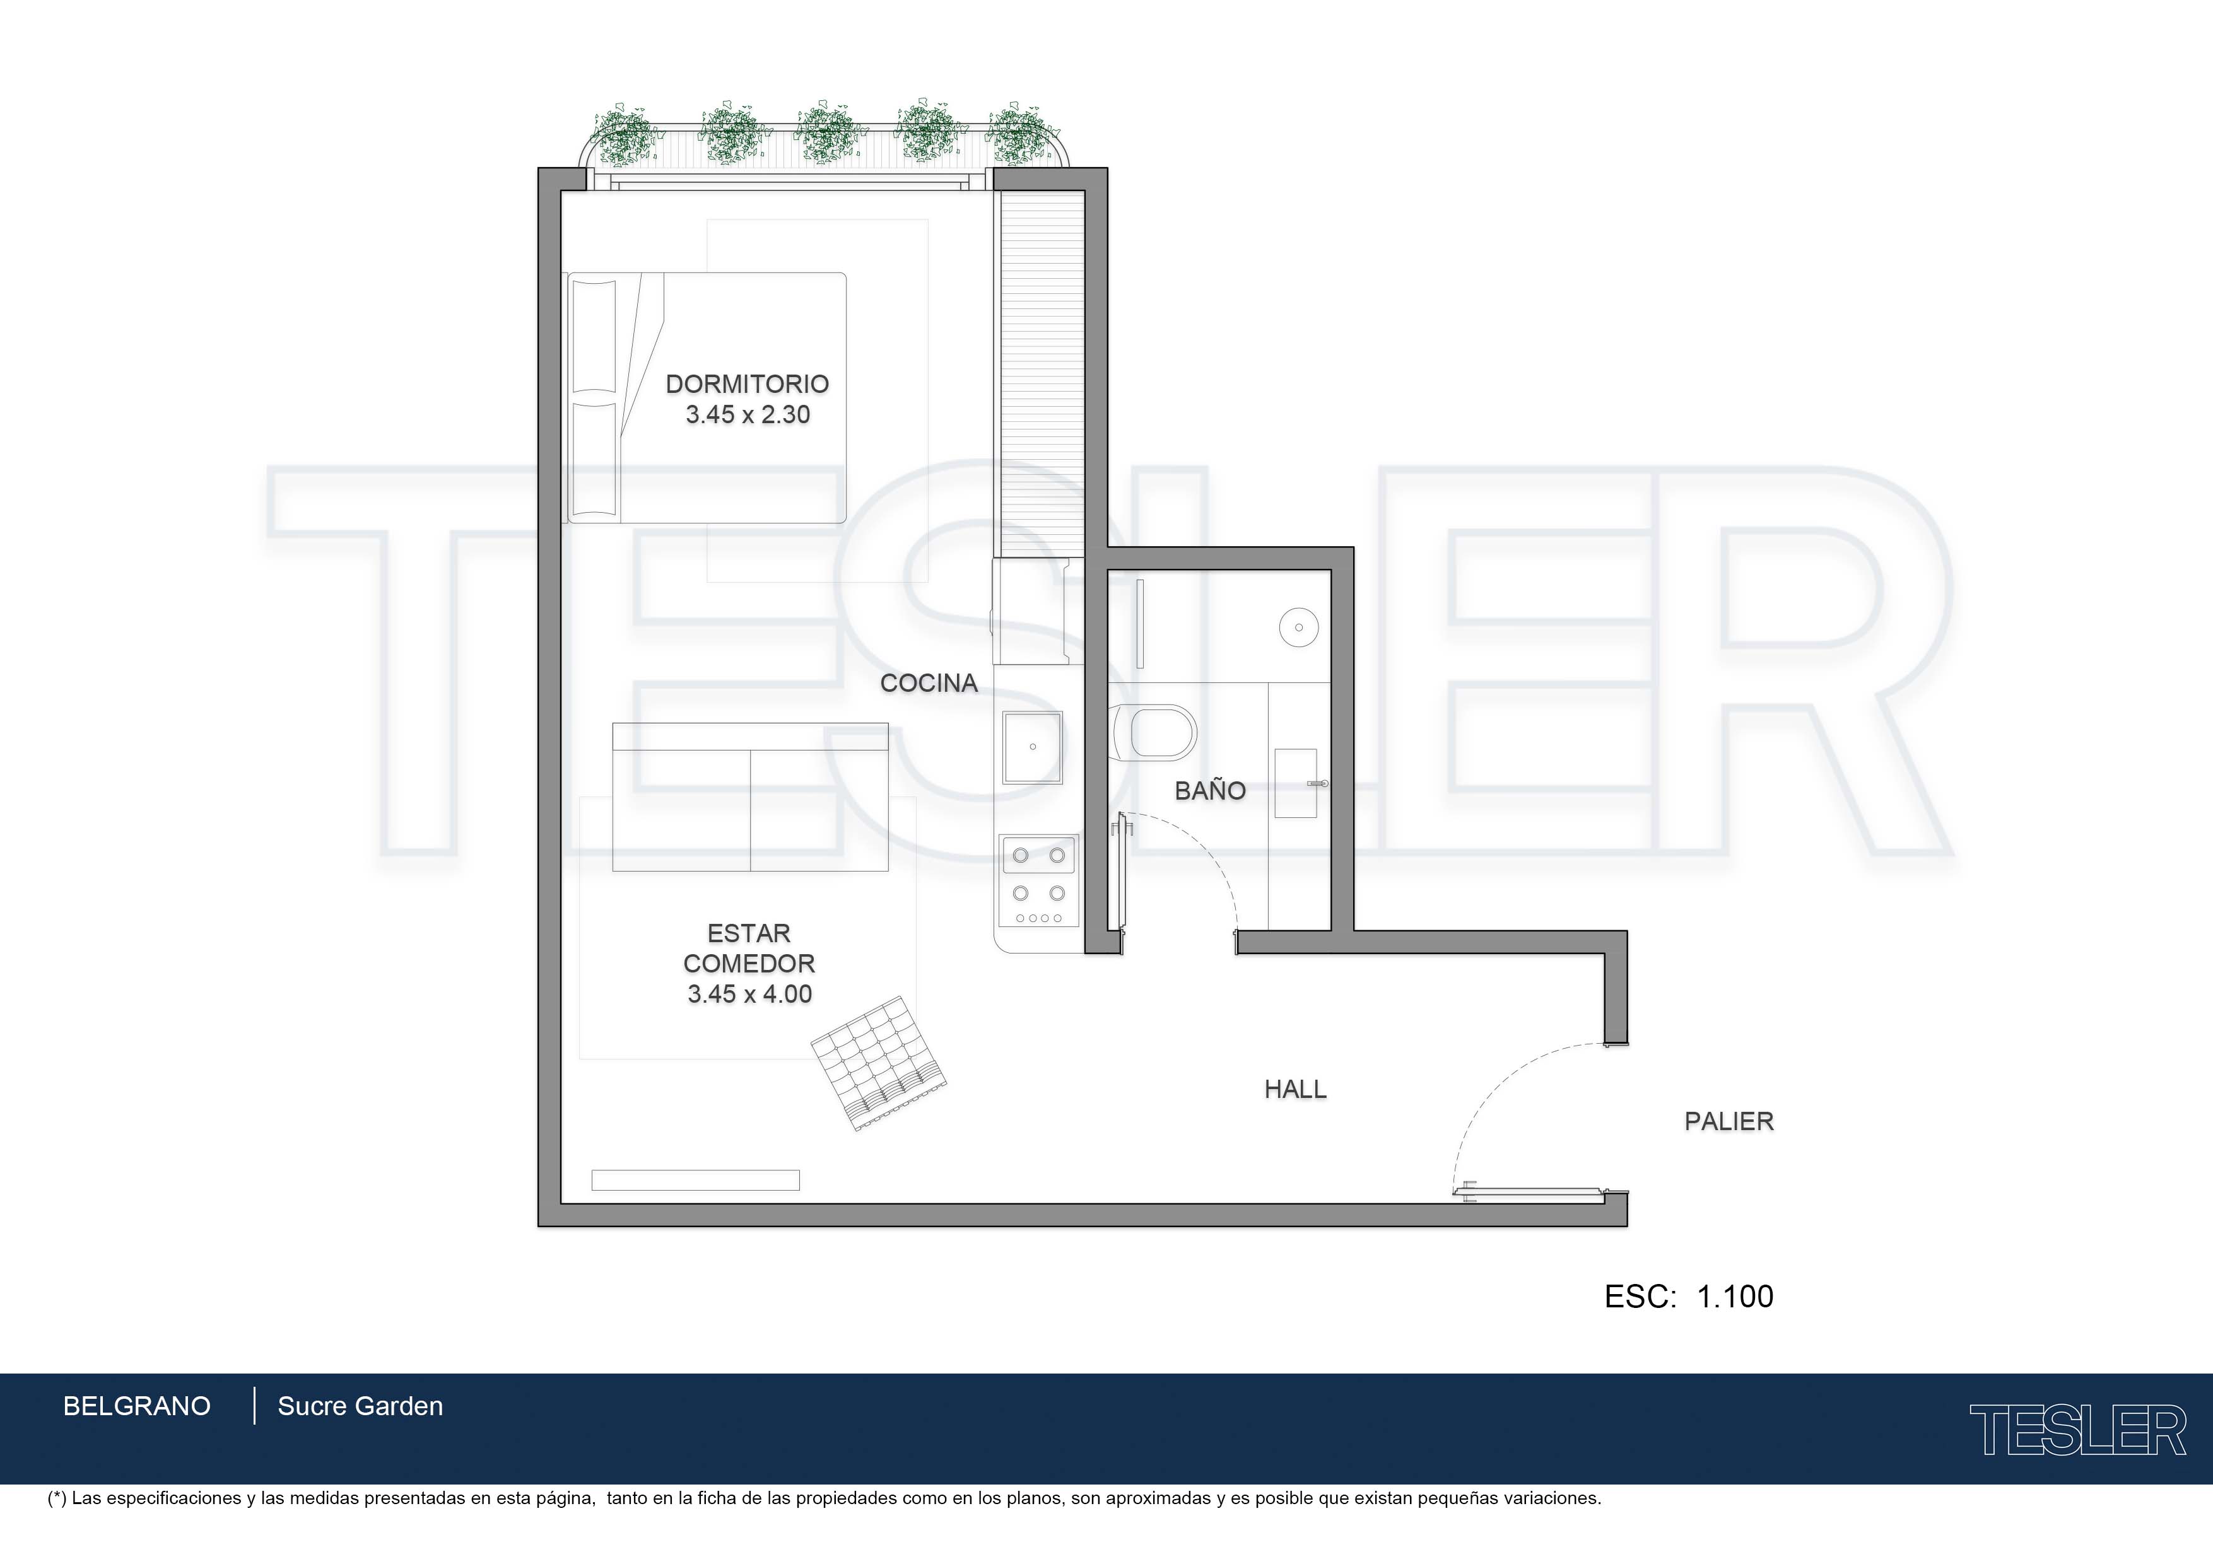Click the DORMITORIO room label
tap(747, 383)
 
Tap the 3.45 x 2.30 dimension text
tap(748, 414)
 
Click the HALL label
tap(1295, 1089)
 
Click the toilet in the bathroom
tap(1154, 732)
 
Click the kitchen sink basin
tap(1032, 747)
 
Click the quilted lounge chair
tap(878, 1062)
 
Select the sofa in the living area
tap(750, 797)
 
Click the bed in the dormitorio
tap(707, 398)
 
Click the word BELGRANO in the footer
tap(137, 1406)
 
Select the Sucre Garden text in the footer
tap(360, 1406)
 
